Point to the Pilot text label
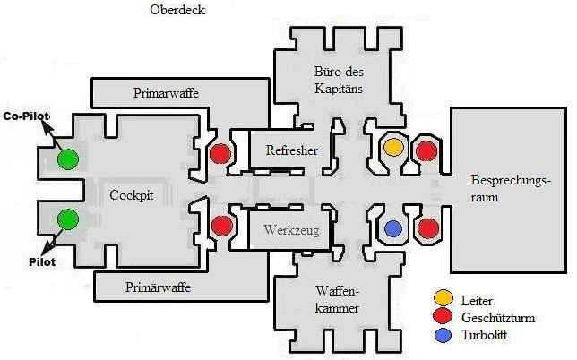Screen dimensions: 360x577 pyautogui.click(x=28, y=262)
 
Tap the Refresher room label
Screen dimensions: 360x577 pyautogui.click(x=292, y=150)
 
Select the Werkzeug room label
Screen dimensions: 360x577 pyautogui.click(x=291, y=228)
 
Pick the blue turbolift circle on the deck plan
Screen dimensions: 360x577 pyautogui.click(x=392, y=228)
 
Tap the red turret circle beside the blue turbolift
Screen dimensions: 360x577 pyautogui.click(x=427, y=228)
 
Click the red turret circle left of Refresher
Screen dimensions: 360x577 pyautogui.click(x=220, y=153)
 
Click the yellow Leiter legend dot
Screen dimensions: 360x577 pyautogui.click(x=442, y=297)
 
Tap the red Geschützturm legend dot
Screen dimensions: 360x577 pyautogui.click(x=442, y=316)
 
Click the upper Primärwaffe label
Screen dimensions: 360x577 pyautogui.click(x=166, y=92)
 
